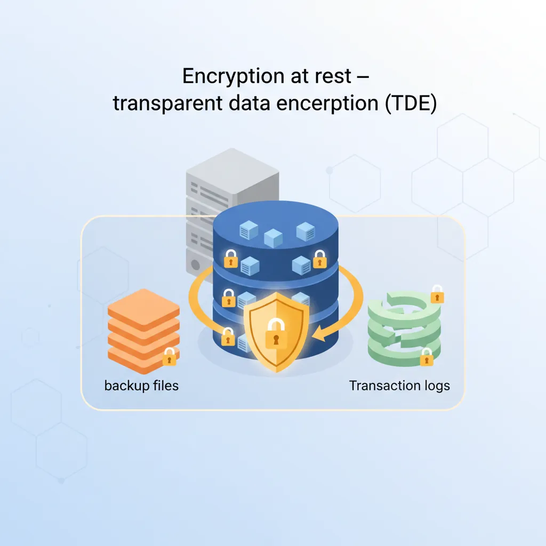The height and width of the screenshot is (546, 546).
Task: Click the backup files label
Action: tap(141, 385)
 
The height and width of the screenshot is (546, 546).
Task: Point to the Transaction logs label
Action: tap(399, 385)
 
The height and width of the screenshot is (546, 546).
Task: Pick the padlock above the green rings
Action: tap(437, 294)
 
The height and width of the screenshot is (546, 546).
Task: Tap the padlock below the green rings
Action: tap(427, 357)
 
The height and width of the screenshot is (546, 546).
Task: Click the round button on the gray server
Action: tap(196, 264)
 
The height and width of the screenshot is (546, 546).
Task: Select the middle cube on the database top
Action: tap(272, 238)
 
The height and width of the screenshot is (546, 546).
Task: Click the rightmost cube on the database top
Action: tap(305, 231)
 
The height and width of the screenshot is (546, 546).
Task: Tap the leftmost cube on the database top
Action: tap(248, 231)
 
